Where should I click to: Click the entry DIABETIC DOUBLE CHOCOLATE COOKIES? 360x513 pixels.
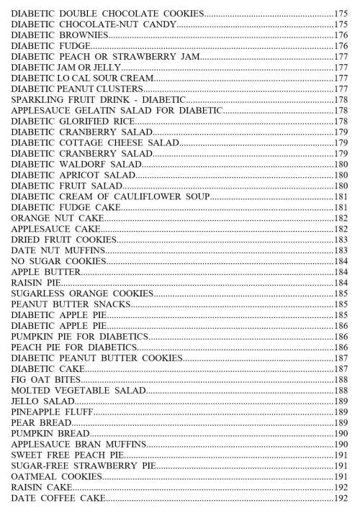click(107, 14)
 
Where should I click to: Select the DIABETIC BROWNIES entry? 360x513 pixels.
click(60, 35)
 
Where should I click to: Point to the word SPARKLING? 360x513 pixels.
click(36, 99)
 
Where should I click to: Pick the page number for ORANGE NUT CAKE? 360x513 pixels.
click(341, 218)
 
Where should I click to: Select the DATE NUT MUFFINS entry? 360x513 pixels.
click(58, 250)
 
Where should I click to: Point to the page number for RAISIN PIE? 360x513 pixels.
click(341, 283)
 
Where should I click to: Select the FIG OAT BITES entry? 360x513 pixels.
click(44, 379)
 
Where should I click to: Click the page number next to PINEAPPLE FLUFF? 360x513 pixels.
click(341, 412)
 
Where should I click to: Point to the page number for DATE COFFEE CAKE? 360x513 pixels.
click(341, 498)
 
